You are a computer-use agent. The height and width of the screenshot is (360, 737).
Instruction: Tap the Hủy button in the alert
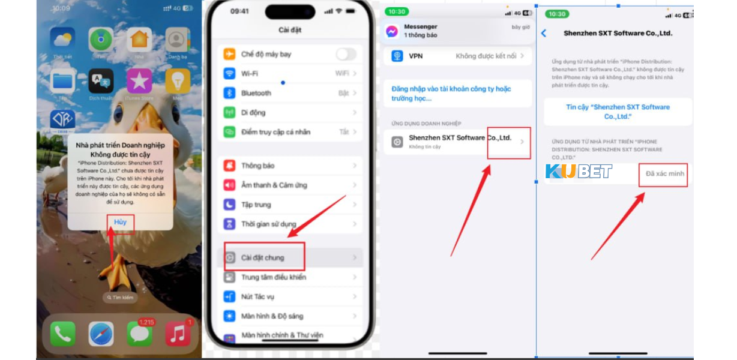[121, 222]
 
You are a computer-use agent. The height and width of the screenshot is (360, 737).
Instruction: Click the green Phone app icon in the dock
[62, 334]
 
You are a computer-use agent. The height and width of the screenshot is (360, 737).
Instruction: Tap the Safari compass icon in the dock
[101, 334]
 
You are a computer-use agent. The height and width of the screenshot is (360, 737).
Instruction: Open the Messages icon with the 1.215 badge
[140, 334]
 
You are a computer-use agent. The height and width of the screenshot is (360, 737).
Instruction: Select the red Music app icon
[178, 334]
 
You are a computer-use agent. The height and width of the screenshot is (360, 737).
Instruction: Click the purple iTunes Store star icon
[139, 81]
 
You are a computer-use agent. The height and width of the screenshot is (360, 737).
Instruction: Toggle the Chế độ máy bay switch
[346, 55]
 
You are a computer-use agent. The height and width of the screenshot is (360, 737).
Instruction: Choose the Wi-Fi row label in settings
[250, 74]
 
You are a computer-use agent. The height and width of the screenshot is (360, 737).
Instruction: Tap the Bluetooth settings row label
[256, 93]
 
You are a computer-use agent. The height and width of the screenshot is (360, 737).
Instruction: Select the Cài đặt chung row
[263, 257]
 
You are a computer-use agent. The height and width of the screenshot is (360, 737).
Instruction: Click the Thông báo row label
[257, 166]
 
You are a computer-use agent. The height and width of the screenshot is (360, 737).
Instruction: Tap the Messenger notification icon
[392, 31]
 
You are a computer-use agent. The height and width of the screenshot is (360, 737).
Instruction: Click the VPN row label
[416, 56]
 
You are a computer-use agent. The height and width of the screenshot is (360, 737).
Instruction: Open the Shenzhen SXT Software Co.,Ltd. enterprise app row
[459, 142]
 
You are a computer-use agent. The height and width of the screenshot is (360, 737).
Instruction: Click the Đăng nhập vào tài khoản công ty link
[451, 93]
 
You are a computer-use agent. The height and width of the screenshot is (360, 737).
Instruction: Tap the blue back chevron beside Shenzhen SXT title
[544, 34]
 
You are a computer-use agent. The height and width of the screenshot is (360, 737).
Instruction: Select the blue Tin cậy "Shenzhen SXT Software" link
[618, 112]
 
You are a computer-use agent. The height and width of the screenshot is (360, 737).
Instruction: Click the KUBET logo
[579, 172]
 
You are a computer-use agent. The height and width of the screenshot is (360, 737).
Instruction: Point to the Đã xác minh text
[664, 174]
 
